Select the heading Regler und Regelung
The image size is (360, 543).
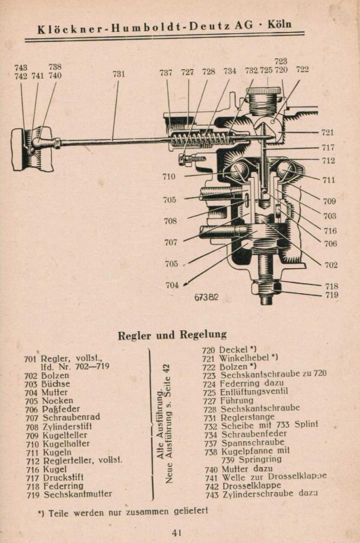[172, 335]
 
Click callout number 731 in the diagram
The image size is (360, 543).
[118, 73]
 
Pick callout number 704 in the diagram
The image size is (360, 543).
[171, 285]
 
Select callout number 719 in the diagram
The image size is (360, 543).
[331, 295]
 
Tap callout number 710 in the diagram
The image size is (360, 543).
[168, 176]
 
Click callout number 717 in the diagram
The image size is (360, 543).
[328, 147]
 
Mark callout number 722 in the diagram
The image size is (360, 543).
[302, 69]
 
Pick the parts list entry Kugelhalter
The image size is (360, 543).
[64, 443]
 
